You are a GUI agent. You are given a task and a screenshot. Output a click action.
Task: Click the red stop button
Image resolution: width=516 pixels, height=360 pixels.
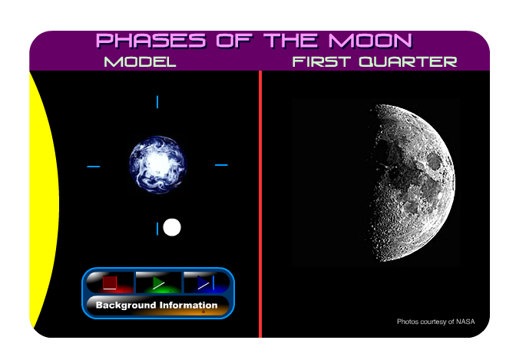110,282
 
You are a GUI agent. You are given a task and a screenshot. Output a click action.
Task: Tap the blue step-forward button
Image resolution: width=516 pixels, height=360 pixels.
205,282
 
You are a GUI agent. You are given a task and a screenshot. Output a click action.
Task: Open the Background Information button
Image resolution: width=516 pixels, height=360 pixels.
157,306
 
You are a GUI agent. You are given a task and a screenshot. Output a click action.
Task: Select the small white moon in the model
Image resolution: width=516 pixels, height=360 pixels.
172,227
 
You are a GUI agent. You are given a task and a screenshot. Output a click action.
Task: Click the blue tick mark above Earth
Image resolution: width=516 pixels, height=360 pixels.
157,102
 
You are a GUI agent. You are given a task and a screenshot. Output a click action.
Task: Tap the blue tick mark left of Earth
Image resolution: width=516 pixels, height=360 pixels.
93,166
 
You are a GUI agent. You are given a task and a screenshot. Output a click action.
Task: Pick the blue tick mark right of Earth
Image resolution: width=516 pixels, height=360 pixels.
221,165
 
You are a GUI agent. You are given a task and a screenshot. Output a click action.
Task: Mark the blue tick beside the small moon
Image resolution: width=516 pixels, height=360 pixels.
158,228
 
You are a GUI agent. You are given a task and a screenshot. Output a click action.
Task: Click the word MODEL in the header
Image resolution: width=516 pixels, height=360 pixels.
140,61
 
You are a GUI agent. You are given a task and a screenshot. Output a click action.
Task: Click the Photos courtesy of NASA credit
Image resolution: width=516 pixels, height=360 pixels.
435,322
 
